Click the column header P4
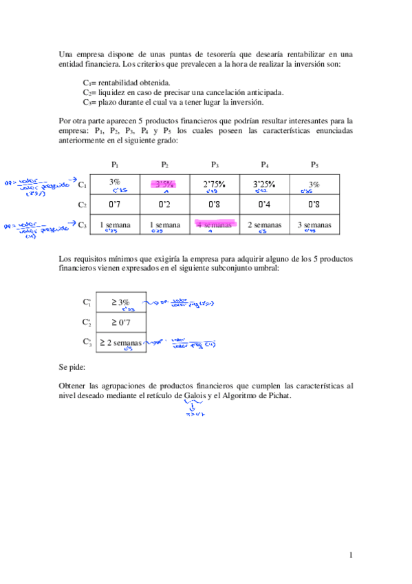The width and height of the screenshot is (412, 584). point(264,164)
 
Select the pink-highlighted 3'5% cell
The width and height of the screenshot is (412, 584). point(164,184)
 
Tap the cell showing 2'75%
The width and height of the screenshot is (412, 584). point(215,184)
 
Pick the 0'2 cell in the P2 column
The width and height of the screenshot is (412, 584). point(164,205)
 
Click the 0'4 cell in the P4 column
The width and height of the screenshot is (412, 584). point(265,205)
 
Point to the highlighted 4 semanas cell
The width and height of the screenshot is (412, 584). point(215,225)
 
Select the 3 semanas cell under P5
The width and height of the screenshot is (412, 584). point(314,225)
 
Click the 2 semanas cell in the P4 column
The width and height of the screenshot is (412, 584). point(265,225)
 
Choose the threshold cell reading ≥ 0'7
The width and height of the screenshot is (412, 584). point(121,322)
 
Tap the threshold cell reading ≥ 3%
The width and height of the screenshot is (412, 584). point(121,302)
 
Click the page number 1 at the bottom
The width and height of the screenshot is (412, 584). point(351,555)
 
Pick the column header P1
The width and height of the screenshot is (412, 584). point(115,164)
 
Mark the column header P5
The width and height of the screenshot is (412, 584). point(314,164)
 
